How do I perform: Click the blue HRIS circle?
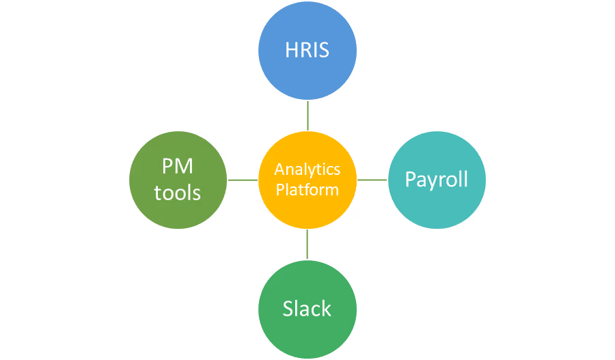click(307, 51)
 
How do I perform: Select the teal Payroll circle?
click(437, 180)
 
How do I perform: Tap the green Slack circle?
click(307, 309)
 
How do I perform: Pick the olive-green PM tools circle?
click(178, 180)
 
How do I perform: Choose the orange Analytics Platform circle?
click(307, 180)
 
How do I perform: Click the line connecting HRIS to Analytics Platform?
click(308, 115)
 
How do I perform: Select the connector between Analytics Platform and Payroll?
click(372, 180)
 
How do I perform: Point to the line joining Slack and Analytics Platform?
click(307, 245)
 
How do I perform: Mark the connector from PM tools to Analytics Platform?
click(243, 180)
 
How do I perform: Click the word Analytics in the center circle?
click(307, 170)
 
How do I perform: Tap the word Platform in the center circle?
click(307, 190)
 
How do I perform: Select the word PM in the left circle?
click(178, 166)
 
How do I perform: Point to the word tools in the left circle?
click(177, 193)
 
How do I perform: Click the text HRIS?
click(307, 50)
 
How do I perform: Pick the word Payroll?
click(437, 180)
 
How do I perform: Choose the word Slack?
click(307, 309)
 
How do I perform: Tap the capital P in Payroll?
click(410, 179)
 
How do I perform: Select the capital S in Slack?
click(288, 309)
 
